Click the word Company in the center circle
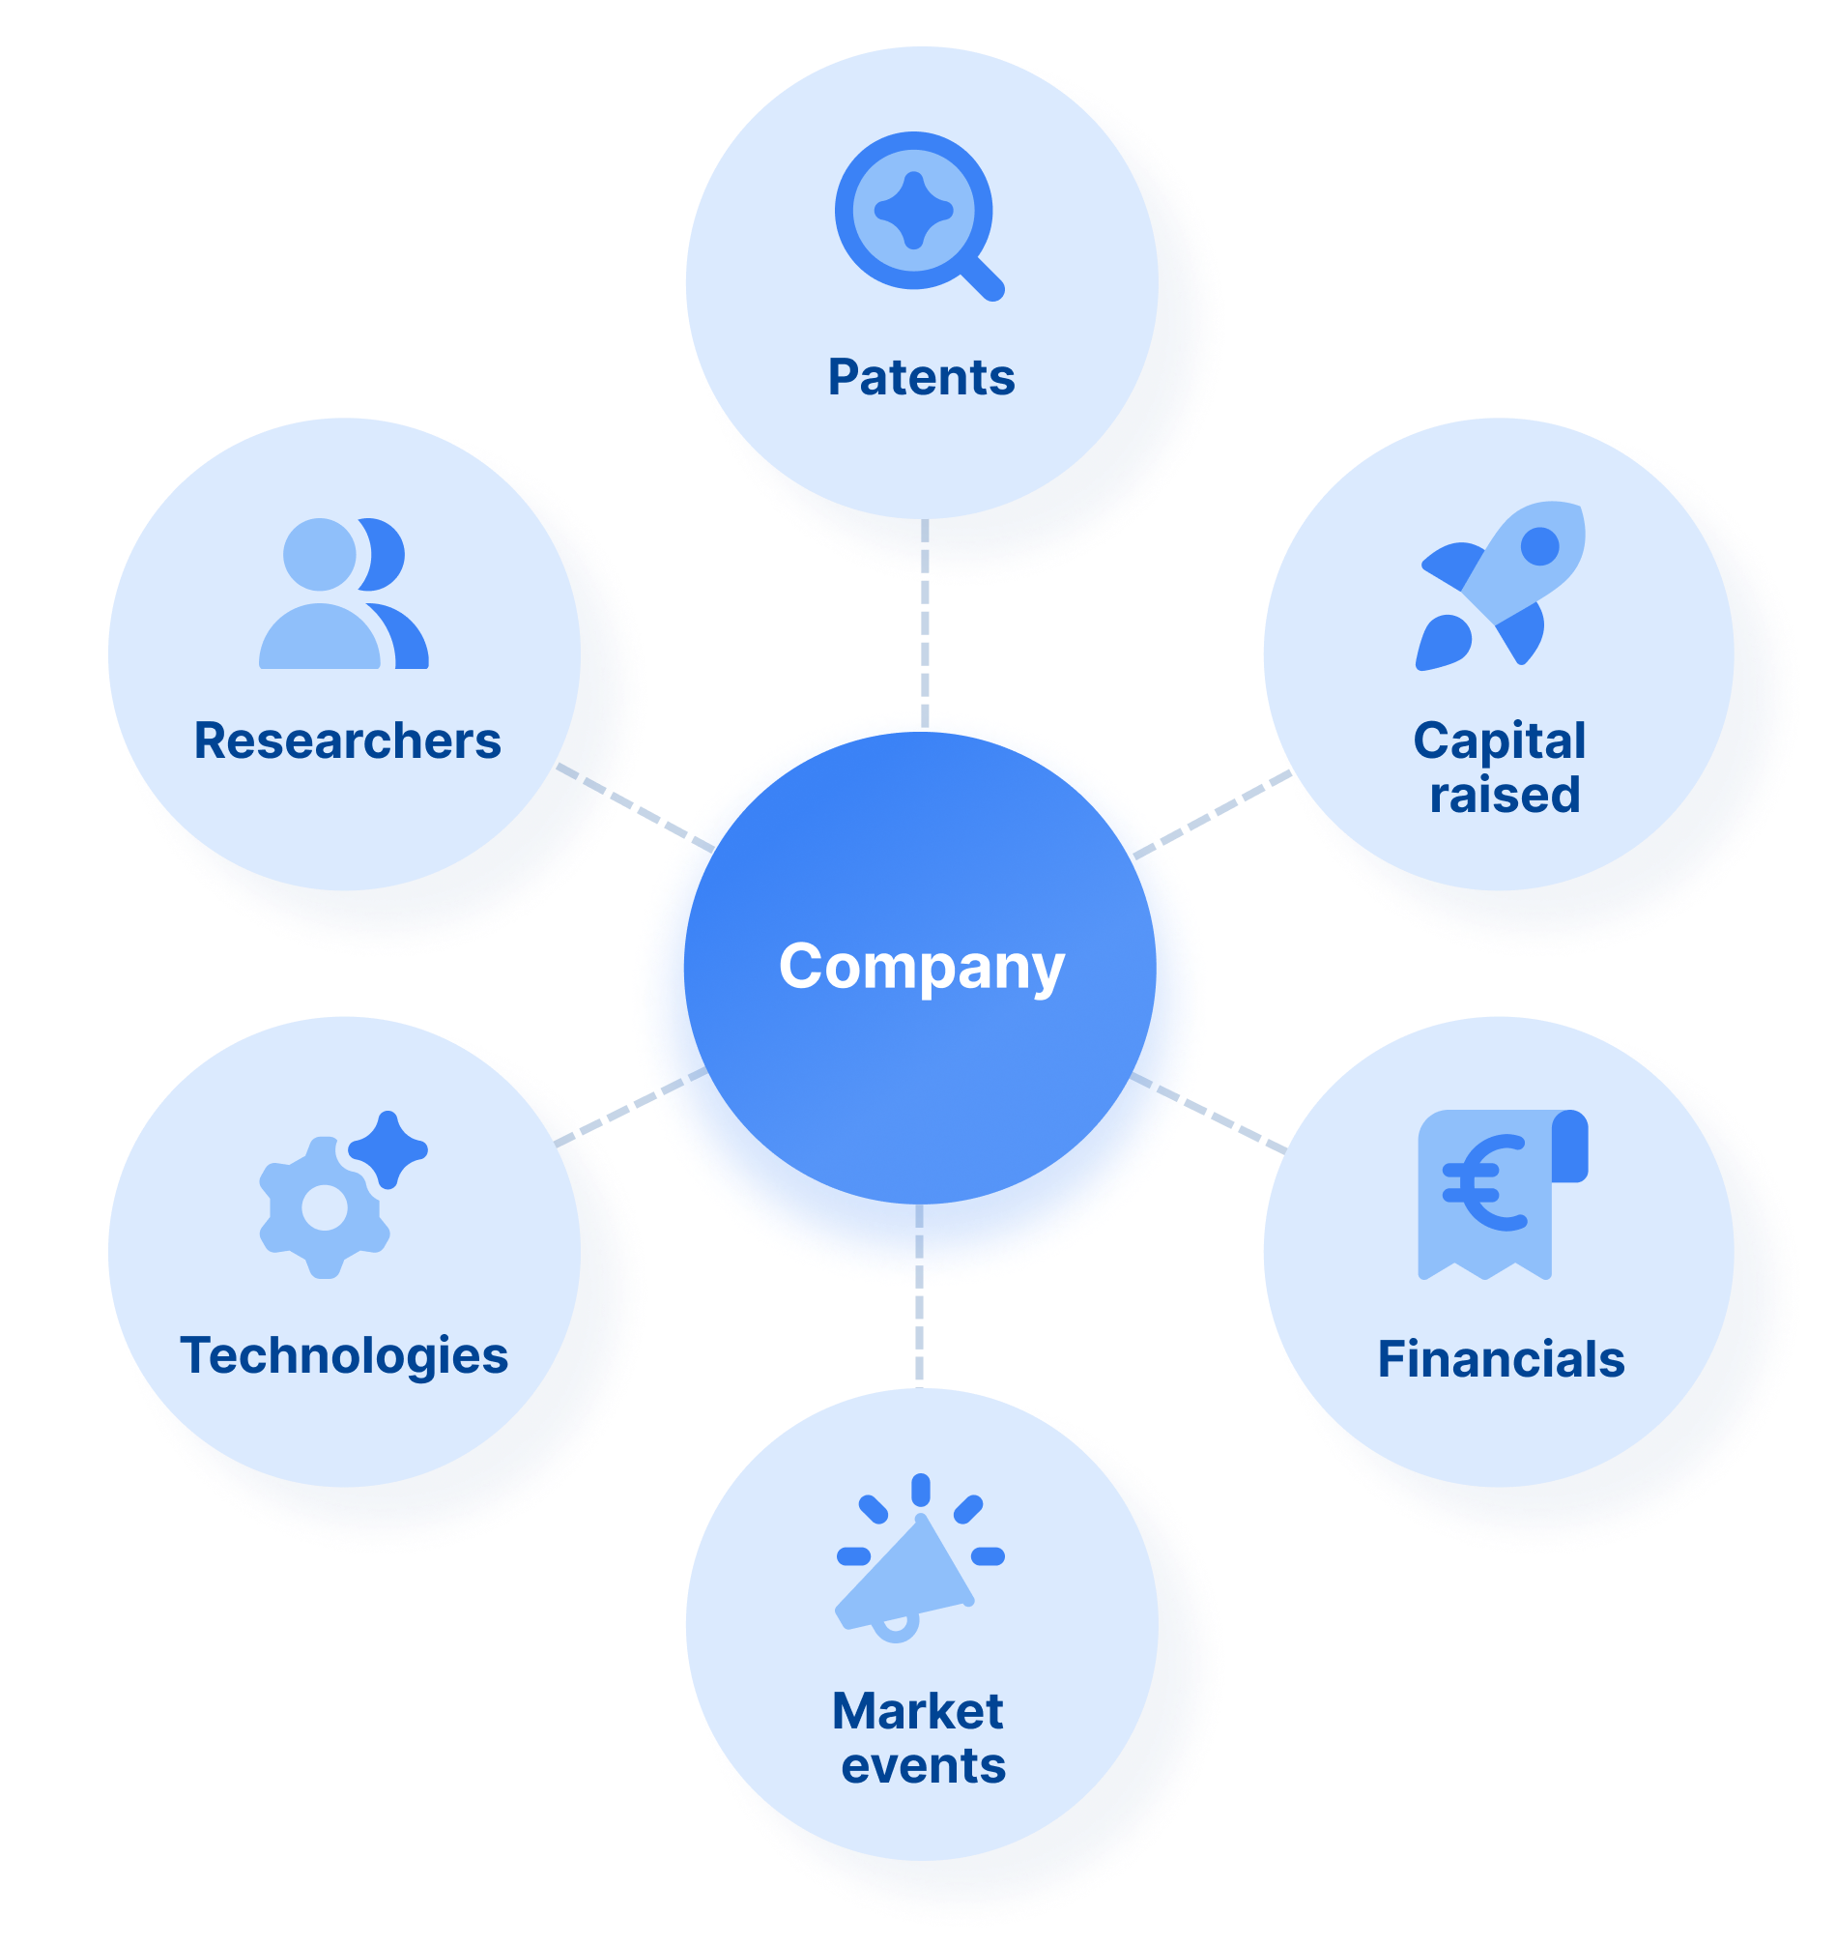(x=921, y=967)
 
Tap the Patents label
(x=921, y=378)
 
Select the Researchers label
(x=348, y=741)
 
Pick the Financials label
(x=1501, y=1359)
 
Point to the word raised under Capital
(x=1505, y=795)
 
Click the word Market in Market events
(x=917, y=1712)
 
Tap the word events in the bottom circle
(x=923, y=1766)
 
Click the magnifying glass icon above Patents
(x=918, y=216)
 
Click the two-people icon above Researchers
(x=342, y=595)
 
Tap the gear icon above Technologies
(x=324, y=1210)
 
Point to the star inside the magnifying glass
(x=913, y=211)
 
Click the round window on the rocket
(x=1539, y=546)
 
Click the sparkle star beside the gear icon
(x=388, y=1147)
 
